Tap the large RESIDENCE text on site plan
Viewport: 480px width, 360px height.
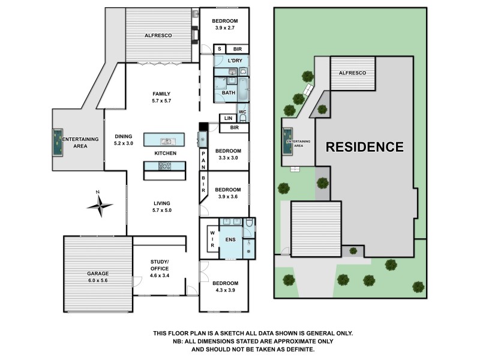pos(365,146)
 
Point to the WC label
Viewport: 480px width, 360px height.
pos(243,112)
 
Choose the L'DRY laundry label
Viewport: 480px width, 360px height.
pos(234,61)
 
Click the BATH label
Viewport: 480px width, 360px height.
pos(228,93)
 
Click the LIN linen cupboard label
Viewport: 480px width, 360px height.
pos(227,118)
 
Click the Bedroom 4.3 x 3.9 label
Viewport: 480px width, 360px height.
pos(225,287)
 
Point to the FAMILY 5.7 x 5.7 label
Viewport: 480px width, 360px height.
pos(161,97)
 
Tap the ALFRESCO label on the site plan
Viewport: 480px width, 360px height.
pos(352,73)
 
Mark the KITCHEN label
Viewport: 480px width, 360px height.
pos(165,154)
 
